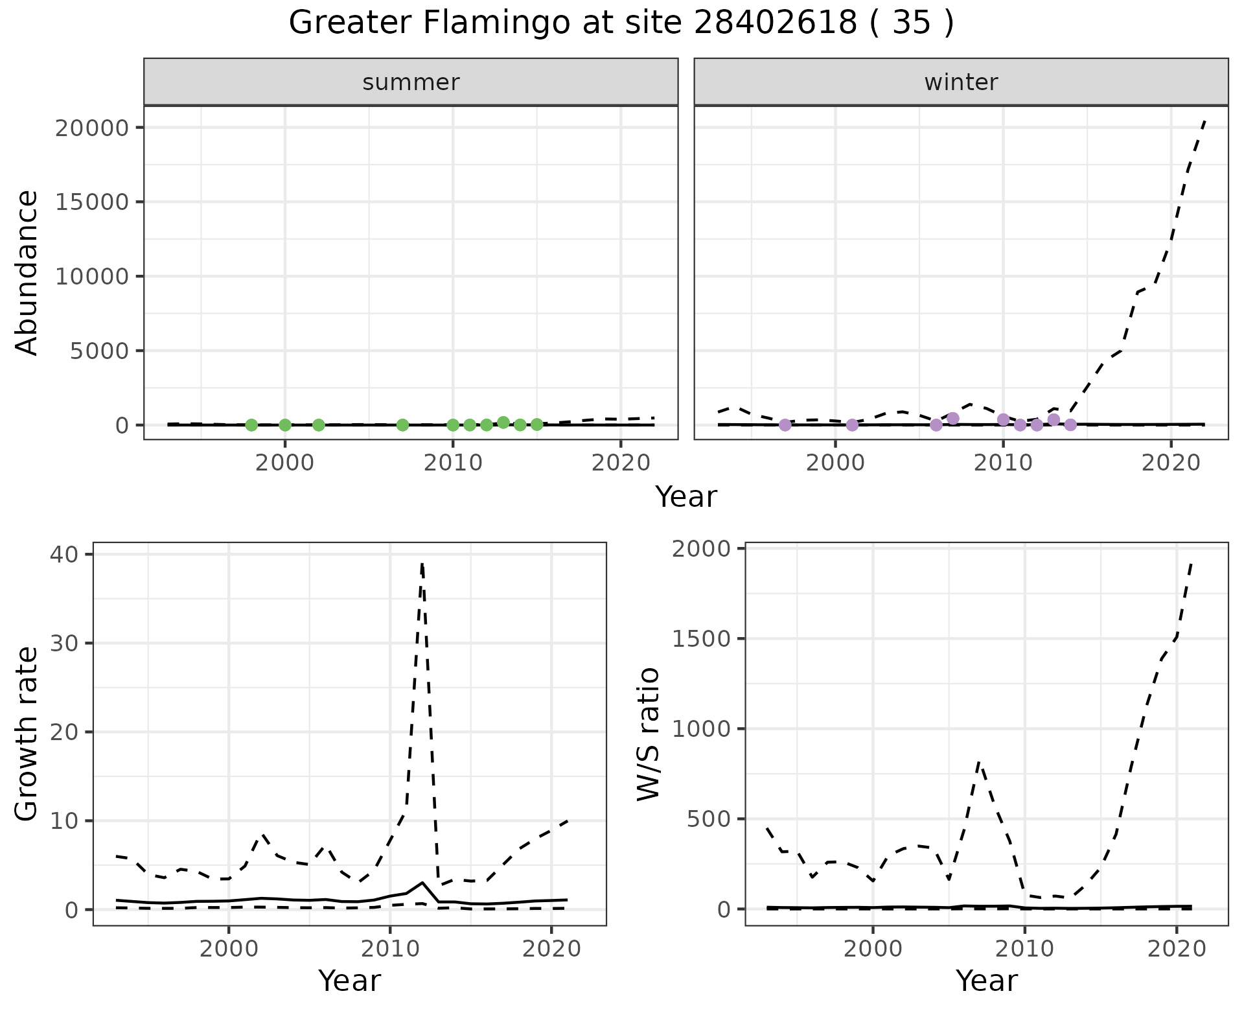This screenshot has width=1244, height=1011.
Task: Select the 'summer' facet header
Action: click(x=411, y=82)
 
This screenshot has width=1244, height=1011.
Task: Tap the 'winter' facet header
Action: click(x=961, y=82)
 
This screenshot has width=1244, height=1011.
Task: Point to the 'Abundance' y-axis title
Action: click(x=27, y=273)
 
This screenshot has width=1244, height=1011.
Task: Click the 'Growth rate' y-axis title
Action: click(x=27, y=734)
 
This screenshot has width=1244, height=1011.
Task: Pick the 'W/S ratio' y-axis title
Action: click(x=649, y=734)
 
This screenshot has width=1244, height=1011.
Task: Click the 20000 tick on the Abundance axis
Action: click(x=93, y=128)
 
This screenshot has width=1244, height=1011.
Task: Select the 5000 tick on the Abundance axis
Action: click(x=101, y=351)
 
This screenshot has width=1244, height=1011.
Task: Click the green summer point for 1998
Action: click(x=251, y=425)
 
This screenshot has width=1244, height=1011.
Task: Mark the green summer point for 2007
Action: click(x=402, y=425)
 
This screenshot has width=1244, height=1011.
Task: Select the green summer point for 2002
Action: click(x=318, y=425)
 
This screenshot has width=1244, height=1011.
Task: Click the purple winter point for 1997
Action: click(x=785, y=425)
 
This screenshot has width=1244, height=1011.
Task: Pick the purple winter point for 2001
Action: click(x=852, y=425)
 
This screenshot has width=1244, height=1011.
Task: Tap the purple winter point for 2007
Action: click(x=953, y=418)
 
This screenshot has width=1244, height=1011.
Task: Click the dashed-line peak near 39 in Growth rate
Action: click(x=422, y=564)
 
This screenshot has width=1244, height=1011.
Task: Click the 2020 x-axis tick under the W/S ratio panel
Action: click(x=1176, y=949)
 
